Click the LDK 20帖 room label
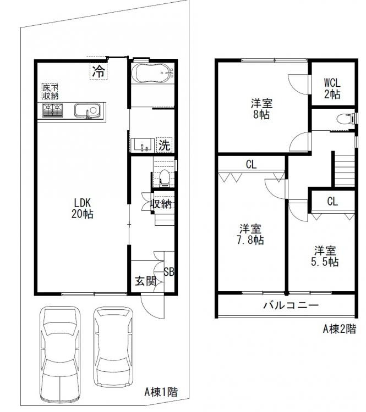(82, 208)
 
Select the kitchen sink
(88, 110)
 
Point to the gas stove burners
(53, 110)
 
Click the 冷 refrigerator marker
(99, 70)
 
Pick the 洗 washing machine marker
(165, 145)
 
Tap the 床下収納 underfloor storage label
(51, 92)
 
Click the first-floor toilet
(165, 178)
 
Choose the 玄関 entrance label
(146, 281)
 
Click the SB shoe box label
(169, 272)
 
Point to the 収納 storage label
(161, 204)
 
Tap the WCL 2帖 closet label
(332, 88)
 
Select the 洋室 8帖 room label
(261, 109)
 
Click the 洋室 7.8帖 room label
(250, 235)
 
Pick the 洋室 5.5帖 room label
(325, 256)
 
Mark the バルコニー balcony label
(291, 305)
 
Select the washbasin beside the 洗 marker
(143, 145)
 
